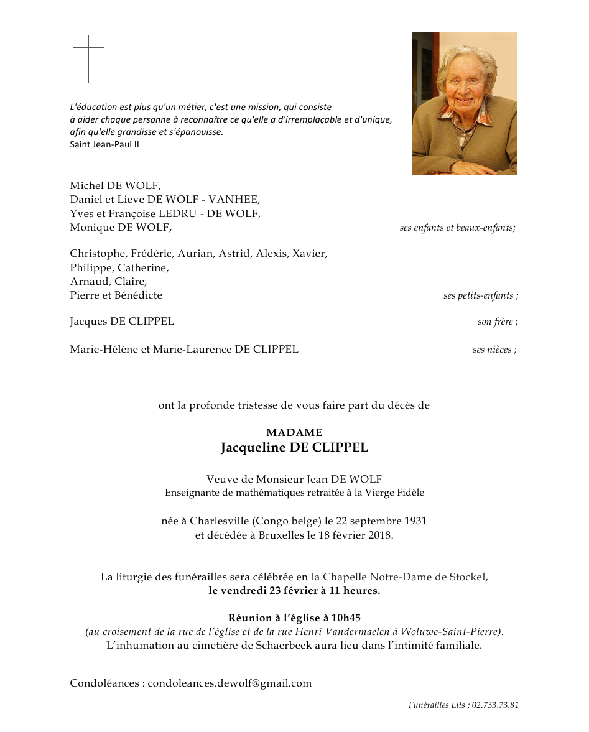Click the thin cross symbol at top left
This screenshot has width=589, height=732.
pyautogui.click(x=88, y=58)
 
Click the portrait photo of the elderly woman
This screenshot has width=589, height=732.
pyautogui.click(x=465, y=103)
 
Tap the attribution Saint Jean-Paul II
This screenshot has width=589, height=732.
pyautogui.click(x=104, y=144)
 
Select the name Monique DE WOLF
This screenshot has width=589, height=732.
pyautogui.click(x=120, y=228)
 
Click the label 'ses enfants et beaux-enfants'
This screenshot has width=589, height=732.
pyautogui.click(x=457, y=228)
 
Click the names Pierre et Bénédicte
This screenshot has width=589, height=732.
pyautogui.click(x=116, y=295)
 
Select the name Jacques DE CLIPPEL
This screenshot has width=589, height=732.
pyautogui.click(x=122, y=322)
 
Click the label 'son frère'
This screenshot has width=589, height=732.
pyautogui.click(x=497, y=322)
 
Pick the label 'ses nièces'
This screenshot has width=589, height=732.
pyautogui.click(x=494, y=350)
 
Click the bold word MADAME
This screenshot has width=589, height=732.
pyautogui.click(x=294, y=432)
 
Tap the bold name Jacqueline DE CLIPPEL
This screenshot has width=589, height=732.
pyautogui.click(x=294, y=448)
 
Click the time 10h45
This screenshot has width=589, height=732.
pyautogui.click(x=346, y=618)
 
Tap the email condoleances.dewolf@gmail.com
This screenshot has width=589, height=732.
pyautogui.click(x=230, y=683)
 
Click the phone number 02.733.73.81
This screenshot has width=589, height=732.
pyautogui.click(x=495, y=705)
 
